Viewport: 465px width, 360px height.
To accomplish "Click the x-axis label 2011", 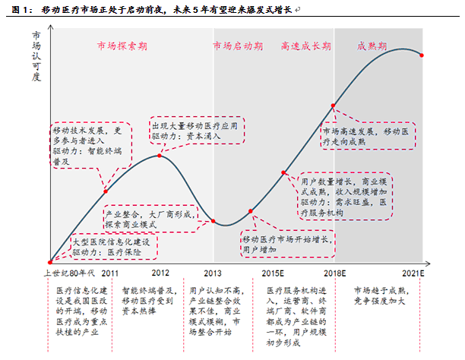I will [x=110, y=273].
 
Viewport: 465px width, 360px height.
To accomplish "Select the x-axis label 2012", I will [x=160, y=273].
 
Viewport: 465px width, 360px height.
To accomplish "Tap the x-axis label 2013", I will [x=214, y=273].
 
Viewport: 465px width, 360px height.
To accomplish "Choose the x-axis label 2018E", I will [x=334, y=273].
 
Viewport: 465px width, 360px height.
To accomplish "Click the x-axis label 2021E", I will [x=422, y=273].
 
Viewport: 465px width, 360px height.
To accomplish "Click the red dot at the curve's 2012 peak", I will [x=160, y=156].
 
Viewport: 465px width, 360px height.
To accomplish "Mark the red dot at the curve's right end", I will [x=422, y=55].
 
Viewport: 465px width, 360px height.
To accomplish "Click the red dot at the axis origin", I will [x=50, y=262].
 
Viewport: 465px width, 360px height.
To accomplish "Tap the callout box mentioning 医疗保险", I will [x=114, y=245].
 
